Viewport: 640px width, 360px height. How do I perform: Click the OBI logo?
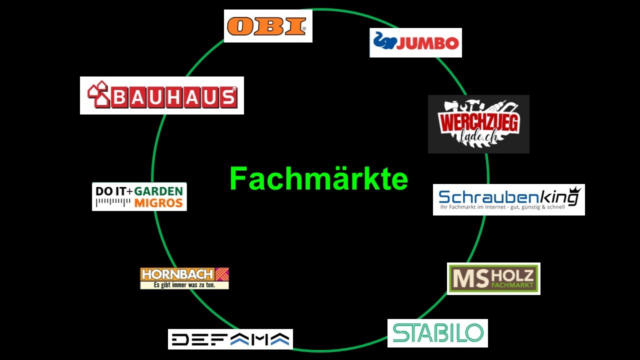tap(267, 26)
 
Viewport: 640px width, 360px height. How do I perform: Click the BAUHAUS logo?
tap(162, 95)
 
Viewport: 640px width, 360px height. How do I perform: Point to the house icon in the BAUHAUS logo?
tap(98, 94)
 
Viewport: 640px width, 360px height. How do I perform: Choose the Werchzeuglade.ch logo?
tap(478, 124)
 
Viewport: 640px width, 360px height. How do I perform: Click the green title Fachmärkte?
tap(318, 179)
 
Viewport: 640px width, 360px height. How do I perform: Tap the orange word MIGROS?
tap(158, 203)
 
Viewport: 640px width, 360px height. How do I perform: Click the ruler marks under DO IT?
tap(113, 202)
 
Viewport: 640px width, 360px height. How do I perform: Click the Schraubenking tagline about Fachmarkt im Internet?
tap(501, 207)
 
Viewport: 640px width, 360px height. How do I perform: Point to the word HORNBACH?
tap(177, 274)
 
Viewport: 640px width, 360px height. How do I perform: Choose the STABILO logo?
tap(437, 333)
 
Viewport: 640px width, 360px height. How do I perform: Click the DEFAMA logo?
tap(230, 339)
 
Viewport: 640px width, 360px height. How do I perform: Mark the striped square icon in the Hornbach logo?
tap(222, 274)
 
